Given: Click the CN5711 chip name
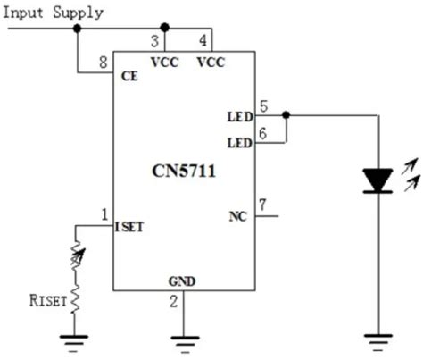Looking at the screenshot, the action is click(184, 172).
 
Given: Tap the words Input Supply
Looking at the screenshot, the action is click(53, 13).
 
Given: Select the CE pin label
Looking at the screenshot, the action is click(129, 77).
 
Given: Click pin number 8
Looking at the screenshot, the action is click(104, 63).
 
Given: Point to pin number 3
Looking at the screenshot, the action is click(154, 41).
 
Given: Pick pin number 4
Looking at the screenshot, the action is click(203, 40).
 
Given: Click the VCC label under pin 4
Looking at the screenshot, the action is click(211, 63).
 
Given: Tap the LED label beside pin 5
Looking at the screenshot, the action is click(240, 117).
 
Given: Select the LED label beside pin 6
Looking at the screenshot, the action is click(240, 143).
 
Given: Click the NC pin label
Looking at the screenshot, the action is click(238, 216).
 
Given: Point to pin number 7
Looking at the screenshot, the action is click(262, 205).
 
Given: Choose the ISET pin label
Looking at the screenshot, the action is click(129, 227).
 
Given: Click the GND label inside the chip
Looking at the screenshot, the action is click(182, 281).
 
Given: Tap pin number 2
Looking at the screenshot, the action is click(174, 302).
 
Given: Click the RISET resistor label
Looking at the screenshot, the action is click(47, 300).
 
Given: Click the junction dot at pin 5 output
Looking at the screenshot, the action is click(286, 115).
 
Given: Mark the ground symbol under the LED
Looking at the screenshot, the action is click(378, 343).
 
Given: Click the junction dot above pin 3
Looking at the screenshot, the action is click(164, 28).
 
